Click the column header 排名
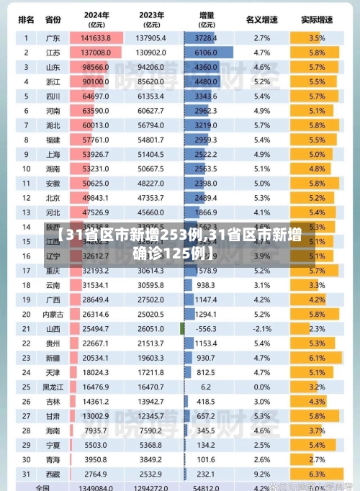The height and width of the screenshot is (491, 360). click(x=26, y=19)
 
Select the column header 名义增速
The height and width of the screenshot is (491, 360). click(x=262, y=19)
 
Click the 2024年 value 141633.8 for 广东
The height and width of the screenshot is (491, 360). click(x=95, y=37)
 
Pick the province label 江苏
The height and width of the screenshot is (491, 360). click(x=53, y=53)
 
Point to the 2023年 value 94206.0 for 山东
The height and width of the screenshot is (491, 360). click(x=151, y=67)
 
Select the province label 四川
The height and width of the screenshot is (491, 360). click(x=53, y=96)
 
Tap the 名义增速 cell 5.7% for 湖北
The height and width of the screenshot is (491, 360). click(x=262, y=125)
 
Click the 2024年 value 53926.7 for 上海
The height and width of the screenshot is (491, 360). click(x=95, y=154)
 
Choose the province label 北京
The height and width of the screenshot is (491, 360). click(x=53, y=197)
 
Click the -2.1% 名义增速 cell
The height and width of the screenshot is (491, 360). click(x=262, y=328)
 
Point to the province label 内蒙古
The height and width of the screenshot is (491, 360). click(x=53, y=314)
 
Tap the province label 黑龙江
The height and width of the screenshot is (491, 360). click(x=53, y=387)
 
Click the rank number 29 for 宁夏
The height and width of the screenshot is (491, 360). click(x=26, y=444)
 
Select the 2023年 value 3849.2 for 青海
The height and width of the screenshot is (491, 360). click(x=151, y=459)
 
